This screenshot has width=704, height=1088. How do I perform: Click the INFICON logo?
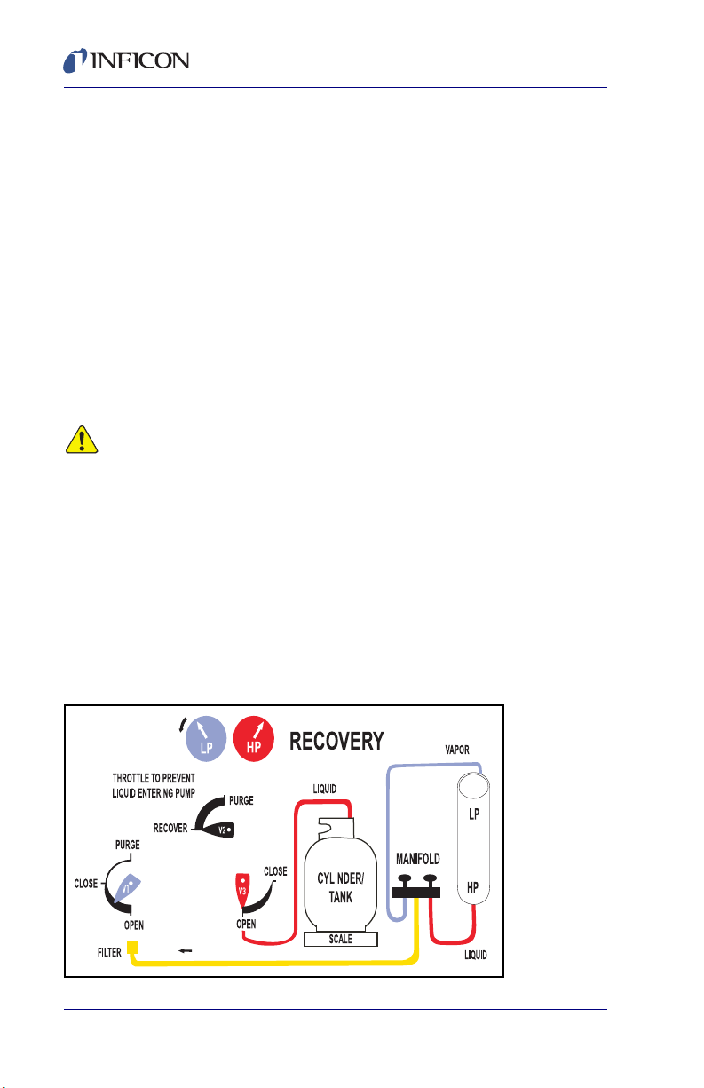125,60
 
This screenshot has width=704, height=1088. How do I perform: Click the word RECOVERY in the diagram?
336,740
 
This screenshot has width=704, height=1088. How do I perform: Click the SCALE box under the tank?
341,938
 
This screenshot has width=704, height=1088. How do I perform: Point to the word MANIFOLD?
417,860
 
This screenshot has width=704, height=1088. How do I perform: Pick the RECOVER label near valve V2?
170,828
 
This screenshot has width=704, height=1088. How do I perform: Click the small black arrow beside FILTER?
186,950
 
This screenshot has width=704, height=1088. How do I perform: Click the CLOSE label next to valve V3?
275,871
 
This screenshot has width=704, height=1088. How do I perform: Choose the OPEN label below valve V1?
134,925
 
